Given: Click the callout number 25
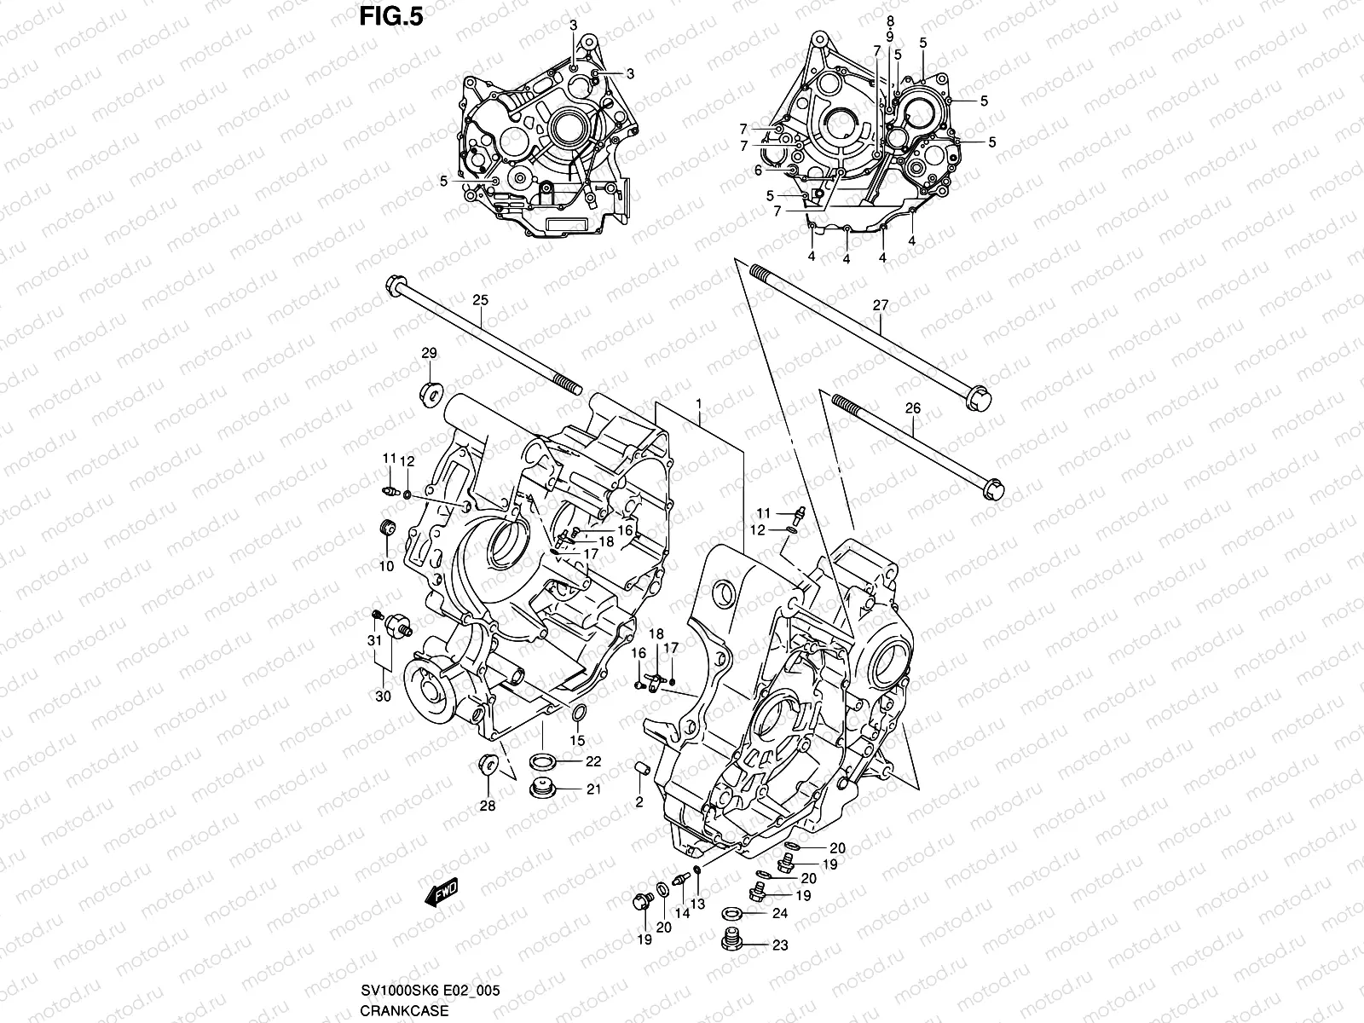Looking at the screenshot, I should tap(480, 300).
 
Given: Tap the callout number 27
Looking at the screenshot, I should tap(880, 304).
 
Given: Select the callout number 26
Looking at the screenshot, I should tap(912, 408).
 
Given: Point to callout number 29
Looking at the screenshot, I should tap(429, 353).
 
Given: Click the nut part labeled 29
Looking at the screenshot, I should tap(431, 394).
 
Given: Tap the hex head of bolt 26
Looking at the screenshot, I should tap(994, 491).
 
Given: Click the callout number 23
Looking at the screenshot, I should tap(781, 945).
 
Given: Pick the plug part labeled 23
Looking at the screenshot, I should tap(730, 941).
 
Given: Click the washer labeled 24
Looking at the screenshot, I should tap(731, 913).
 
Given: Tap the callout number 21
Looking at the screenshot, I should tap(593, 789).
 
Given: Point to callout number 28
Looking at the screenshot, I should tap(487, 806).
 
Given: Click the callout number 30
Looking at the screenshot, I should tap(383, 696).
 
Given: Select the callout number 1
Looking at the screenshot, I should tap(698, 402).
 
